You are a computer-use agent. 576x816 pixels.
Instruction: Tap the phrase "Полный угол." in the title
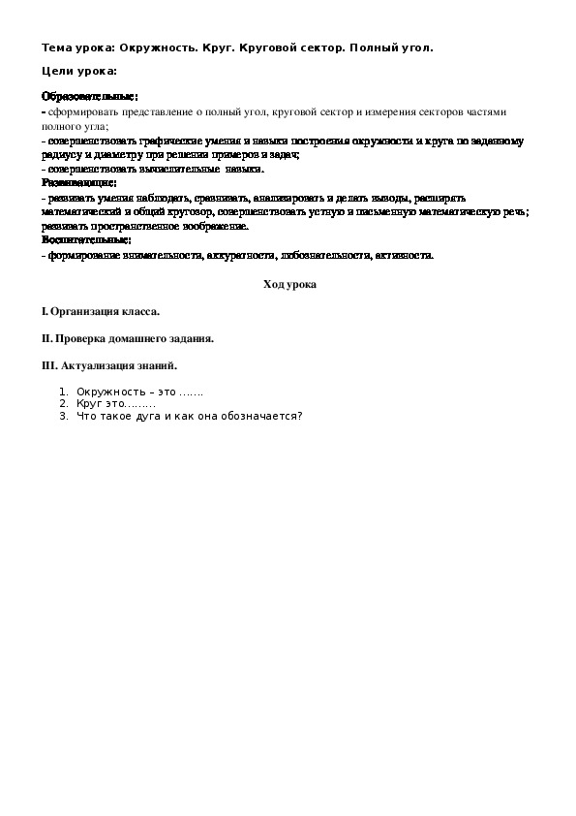coord(393,46)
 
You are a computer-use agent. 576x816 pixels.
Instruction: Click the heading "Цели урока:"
coord(79,71)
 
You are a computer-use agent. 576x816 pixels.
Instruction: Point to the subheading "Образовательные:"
coord(89,97)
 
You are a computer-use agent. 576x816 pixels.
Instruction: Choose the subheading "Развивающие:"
coord(79,181)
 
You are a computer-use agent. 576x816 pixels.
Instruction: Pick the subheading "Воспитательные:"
coord(86,239)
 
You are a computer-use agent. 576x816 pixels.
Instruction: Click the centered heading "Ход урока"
coord(289,284)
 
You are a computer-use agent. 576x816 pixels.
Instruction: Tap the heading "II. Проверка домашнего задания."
coord(127,339)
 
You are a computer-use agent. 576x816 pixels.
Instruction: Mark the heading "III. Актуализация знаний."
coord(109,366)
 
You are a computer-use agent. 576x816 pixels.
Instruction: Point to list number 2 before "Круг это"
coord(64,405)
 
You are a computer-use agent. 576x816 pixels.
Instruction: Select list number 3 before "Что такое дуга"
coord(64,417)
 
